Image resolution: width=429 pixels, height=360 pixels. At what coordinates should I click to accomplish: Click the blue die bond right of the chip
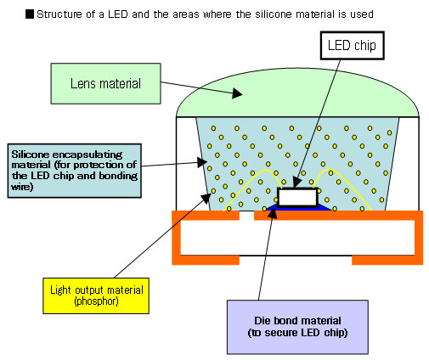(324, 206)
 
